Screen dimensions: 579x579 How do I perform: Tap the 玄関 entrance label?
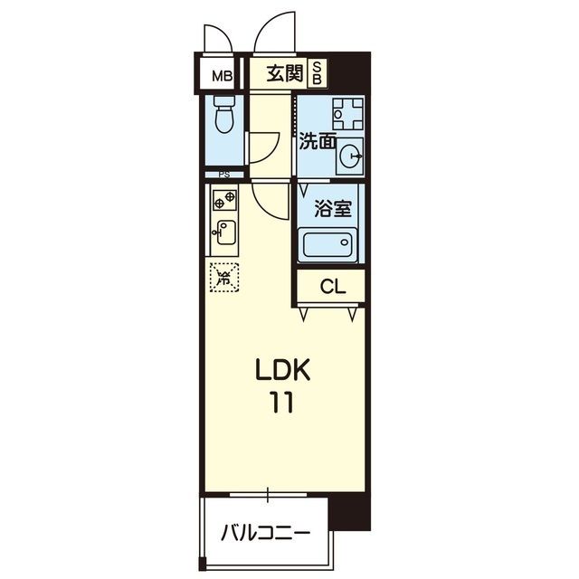click(x=284, y=73)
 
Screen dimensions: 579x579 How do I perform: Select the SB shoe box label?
click(x=318, y=73)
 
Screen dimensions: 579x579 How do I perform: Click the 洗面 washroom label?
click(x=318, y=141)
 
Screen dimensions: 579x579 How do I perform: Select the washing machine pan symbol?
click(x=345, y=114)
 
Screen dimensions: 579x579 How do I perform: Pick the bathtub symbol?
click(x=328, y=245)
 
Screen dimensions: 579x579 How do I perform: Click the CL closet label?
click(x=332, y=288)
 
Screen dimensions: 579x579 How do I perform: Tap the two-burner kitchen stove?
click(x=223, y=197)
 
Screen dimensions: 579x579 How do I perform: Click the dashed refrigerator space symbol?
click(x=223, y=275)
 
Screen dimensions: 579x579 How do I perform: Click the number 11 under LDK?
click(x=281, y=403)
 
